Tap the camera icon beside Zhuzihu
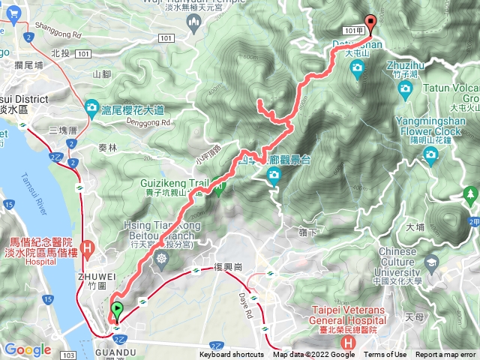pyautogui.click(x=406, y=89)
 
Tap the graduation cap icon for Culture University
pyautogui.click(x=431, y=262)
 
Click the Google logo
pyautogui.click(x=28, y=349)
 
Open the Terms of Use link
pyautogui.click(x=385, y=355)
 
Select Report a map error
pyautogui.click(x=445, y=355)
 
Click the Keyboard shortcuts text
pyautogui.click(x=232, y=355)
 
